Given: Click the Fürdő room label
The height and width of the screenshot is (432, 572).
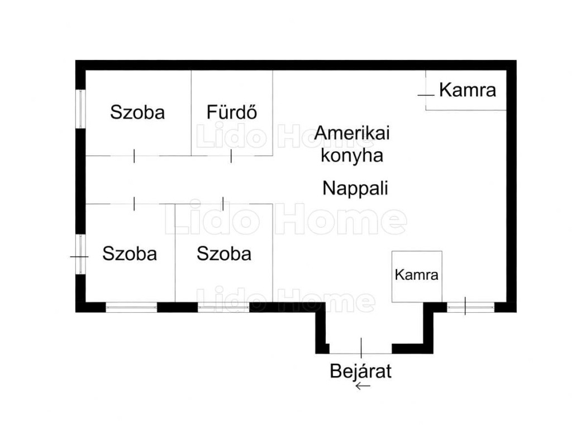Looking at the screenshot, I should coord(231,112).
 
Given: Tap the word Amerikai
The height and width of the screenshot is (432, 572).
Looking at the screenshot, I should coord(351,134).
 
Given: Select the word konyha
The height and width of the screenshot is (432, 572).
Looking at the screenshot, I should coord(351,155).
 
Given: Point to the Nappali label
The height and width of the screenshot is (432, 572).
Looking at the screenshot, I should coord(355,188).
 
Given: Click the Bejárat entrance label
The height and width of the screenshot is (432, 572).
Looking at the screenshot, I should coord(360,371).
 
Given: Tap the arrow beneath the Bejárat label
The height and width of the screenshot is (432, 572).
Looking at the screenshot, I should coord(363,386).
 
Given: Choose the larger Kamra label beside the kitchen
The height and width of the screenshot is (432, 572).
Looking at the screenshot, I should coord(467,90).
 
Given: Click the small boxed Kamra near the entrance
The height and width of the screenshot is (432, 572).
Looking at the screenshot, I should coord(416,275).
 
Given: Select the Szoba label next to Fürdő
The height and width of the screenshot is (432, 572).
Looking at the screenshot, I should coord(137,112).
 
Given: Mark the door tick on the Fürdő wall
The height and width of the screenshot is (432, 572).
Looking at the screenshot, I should coord(231,156).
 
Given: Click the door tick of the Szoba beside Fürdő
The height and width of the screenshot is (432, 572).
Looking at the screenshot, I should coord(134,156).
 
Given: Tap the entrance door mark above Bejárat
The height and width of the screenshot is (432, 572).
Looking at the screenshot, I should coord(361,348).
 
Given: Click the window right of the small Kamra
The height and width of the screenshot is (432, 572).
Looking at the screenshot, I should coord(471,307).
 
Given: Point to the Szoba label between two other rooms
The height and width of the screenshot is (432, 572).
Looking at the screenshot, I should coord(224,254).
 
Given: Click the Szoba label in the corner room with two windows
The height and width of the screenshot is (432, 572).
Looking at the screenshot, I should coord(130,254).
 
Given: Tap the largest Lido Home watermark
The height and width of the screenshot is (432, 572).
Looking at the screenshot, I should coord(285,220).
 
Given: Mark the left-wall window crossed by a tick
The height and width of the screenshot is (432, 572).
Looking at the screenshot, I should coord(81,255).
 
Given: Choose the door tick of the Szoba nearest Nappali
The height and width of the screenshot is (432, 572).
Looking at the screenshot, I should coord(223,204).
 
